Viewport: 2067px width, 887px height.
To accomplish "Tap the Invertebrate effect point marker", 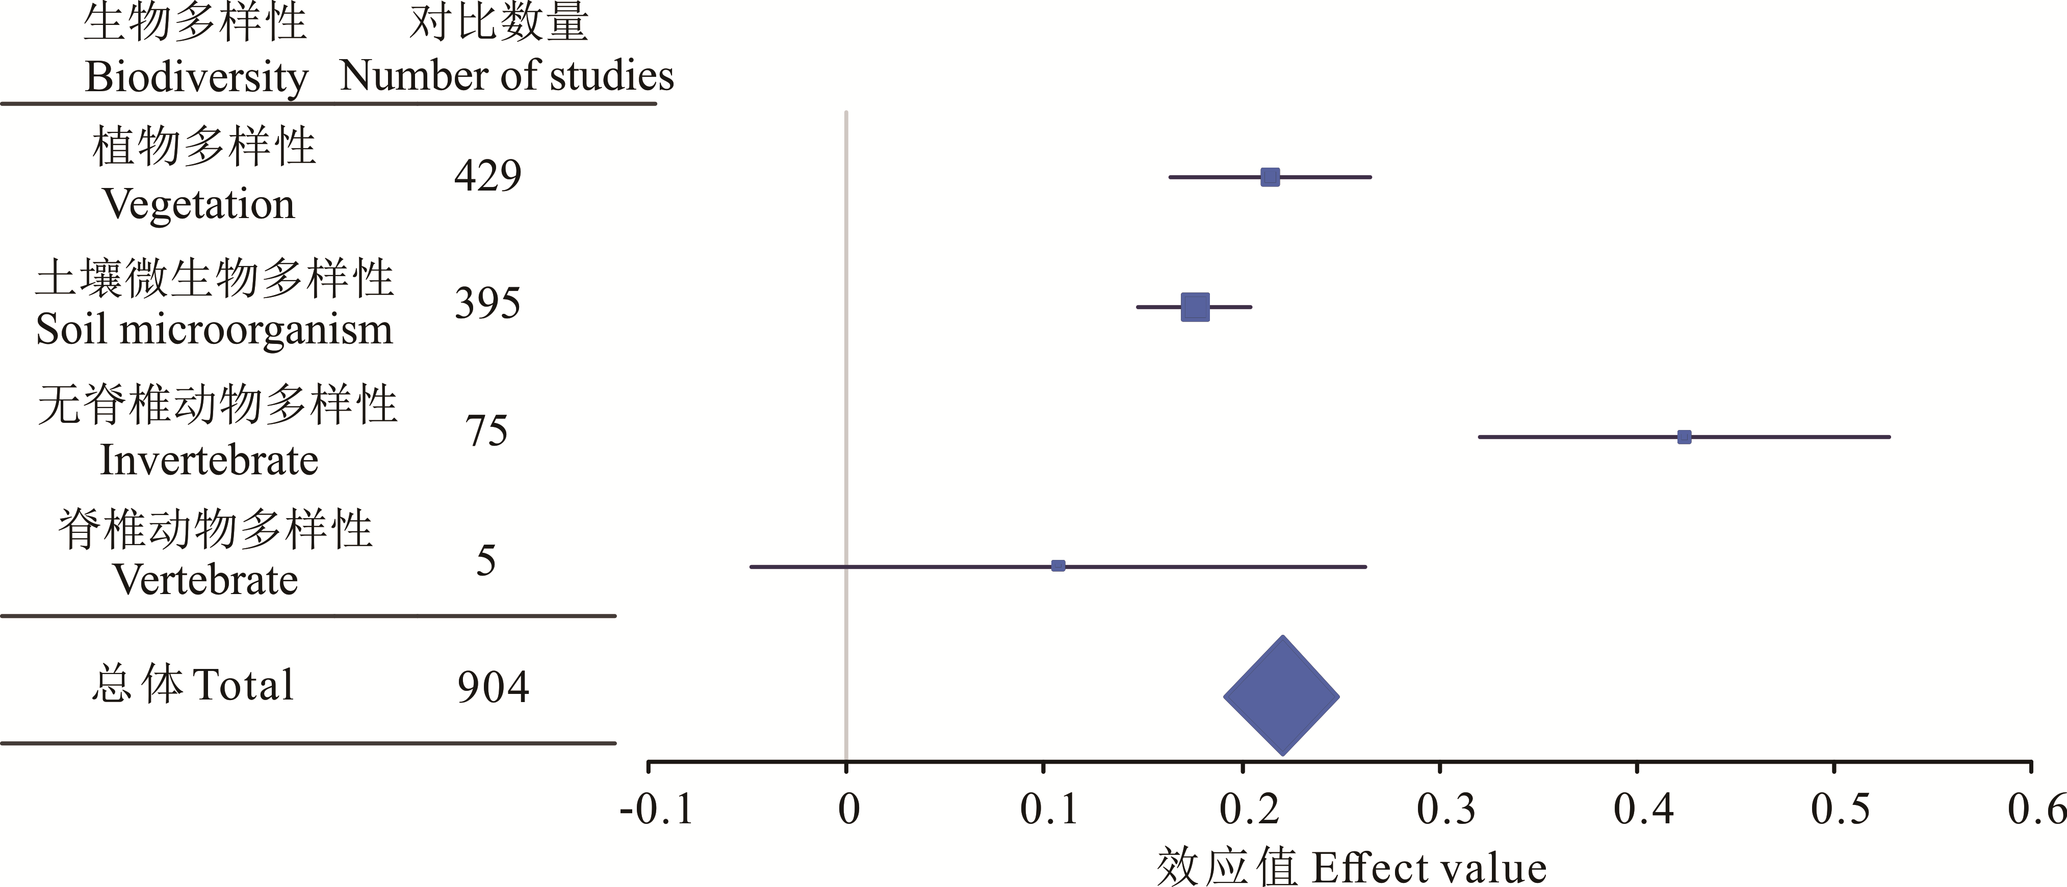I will tap(1684, 437).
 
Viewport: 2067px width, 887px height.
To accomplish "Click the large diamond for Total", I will tap(1281, 695).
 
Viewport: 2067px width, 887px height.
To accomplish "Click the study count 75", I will tap(486, 432).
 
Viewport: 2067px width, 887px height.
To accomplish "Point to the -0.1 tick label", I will tap(656, 809).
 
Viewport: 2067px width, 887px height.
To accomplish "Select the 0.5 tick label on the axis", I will tap(1840, 809).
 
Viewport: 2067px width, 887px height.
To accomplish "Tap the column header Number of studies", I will tap(506, 76).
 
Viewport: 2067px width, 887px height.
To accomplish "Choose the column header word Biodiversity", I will tap(197, 78).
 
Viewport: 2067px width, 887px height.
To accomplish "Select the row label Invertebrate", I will tap(209, 461).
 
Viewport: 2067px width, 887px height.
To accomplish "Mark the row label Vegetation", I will tap(199, 204).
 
